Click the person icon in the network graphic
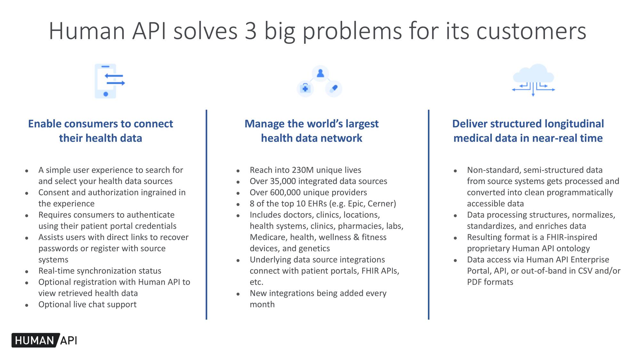[x=320, y=74]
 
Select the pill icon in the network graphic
[x=334, y=88]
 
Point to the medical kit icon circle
[x=305, y=88]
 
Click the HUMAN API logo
[x=45, y=340]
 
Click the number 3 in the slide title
[x=251, y=31]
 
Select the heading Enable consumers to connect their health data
[x=100, y=131]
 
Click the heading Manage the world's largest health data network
[x=311, y=131]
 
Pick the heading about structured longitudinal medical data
[x=528, y=131]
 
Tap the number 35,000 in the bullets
[x=283, y=181]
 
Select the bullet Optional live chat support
[x=87, y=304]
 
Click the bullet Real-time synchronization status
[x=100, y=271]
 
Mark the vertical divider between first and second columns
[x=206, y=214]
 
